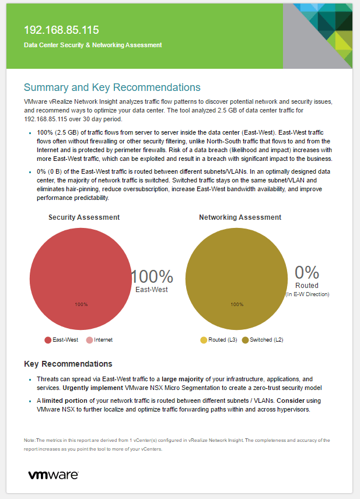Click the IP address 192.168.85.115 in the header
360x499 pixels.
point(61,30)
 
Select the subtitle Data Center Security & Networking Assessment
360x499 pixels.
point(93,45)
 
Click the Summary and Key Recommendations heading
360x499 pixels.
point(112,87)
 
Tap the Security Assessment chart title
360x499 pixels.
point(84,217)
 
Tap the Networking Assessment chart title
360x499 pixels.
point(240,217)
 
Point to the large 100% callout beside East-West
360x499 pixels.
point(152,276)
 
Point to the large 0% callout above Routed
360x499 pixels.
point(307,272)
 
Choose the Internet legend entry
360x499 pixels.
point(103,340)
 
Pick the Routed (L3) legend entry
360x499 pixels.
point(221,340)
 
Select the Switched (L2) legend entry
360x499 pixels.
point(266,340)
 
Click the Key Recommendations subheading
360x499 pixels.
point(68,364)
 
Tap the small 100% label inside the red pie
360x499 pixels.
point(81,304)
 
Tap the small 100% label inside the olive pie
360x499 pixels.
point(236,304)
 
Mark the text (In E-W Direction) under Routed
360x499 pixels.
point(307,294)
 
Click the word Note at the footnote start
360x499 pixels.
point(30,440)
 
